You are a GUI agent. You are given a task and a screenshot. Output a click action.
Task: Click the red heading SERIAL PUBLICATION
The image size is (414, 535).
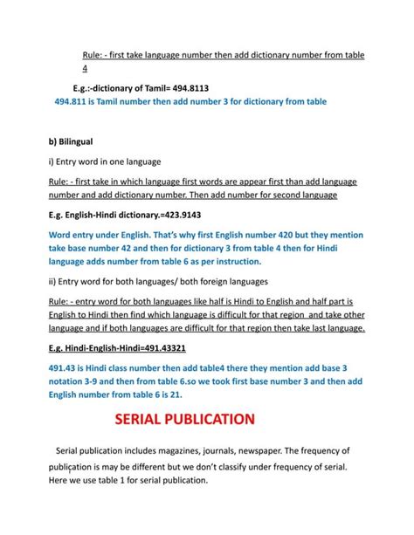coord(185,419)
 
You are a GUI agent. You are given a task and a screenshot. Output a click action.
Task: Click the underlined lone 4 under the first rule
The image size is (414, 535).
coord(84,67)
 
